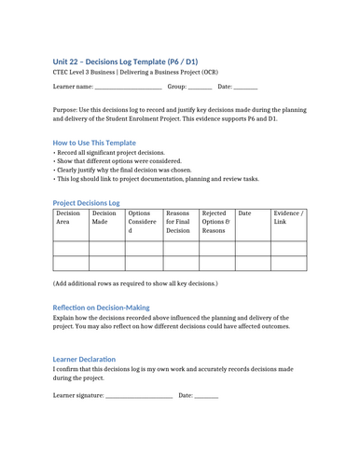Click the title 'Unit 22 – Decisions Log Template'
pos(125,61)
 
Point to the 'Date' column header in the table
pos(245,214)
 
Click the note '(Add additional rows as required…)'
pos(135,281)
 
